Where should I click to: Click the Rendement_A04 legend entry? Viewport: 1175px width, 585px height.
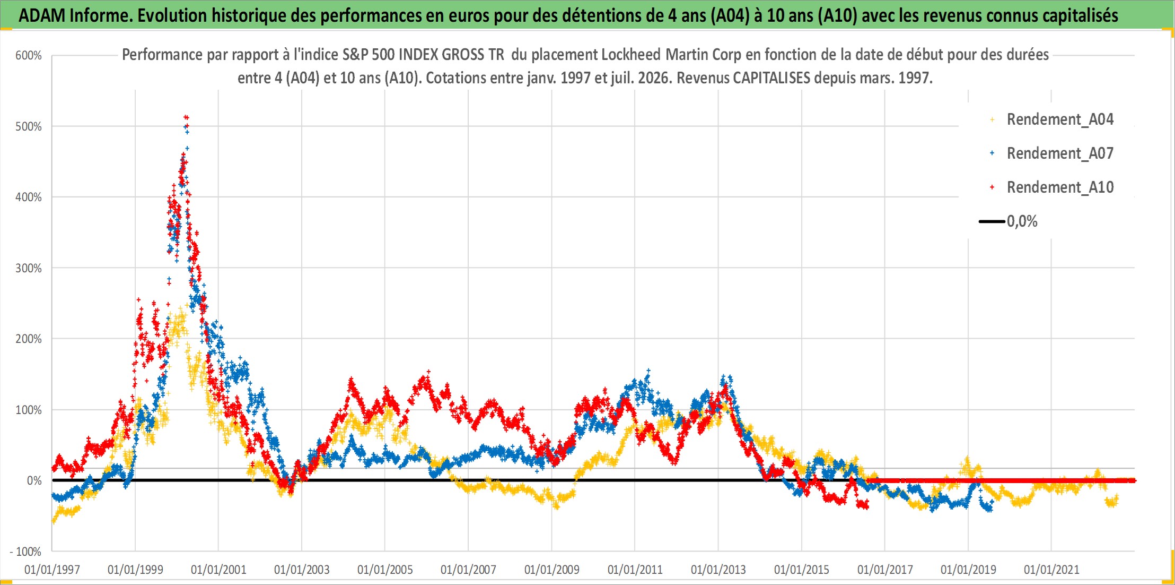pos(1053,119)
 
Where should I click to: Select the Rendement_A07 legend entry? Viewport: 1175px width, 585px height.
pos(1053,153)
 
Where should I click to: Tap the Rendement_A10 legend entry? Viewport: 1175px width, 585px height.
pos(1053,187)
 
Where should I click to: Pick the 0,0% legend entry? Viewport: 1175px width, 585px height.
pos(1009,221)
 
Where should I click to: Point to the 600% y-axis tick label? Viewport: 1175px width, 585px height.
pos(29,56)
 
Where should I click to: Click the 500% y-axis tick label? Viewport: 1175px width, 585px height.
pos(29,126)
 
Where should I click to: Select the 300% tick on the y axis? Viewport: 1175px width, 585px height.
pos(29,268)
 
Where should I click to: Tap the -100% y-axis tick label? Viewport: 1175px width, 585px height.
pos(26,552)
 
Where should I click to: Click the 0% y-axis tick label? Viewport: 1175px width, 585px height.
pos(34,480)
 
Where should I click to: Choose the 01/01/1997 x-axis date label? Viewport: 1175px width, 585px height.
pos(52,570)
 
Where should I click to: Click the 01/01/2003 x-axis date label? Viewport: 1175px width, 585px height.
pos(302,570)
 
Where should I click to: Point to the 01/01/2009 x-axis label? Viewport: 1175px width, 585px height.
pos(552,570)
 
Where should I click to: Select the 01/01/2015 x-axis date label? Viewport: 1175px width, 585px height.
pos(802,570)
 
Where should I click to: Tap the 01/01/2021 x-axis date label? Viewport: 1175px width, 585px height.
pos(1051,570)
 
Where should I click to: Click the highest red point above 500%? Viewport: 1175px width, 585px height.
pos(186,117)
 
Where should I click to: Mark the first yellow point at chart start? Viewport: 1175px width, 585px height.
pos(53,522)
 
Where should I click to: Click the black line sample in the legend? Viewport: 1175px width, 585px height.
pos(992,221)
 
